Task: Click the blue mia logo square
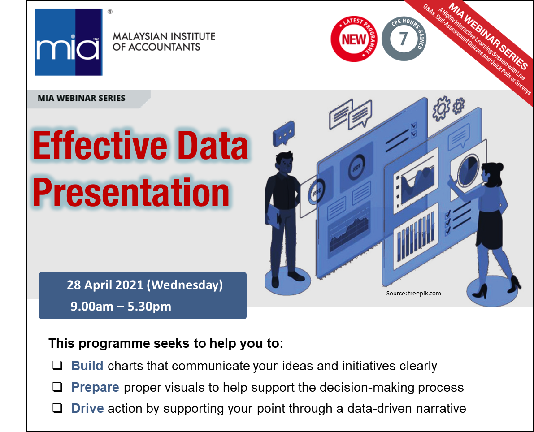point(69,42)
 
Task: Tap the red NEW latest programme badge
point(354,39)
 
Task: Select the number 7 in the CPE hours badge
point(404,39)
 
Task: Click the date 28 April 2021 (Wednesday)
point(145,285)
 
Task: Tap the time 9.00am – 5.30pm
point(121,307)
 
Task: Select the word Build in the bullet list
point(87,366)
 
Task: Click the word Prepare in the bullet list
point(95,387)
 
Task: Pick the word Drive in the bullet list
point(87,408)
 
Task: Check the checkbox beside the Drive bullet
point(57,408)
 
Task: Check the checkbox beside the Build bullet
point(57,365)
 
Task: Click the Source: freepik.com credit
point(413,293)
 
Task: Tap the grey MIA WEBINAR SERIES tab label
point(82,98)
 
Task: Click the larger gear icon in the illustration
point(441,108)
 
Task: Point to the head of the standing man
point(284,162)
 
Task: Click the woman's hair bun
point(499,166)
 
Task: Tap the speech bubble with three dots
point(283,134)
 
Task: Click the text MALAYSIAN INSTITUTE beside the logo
point(164,36)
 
